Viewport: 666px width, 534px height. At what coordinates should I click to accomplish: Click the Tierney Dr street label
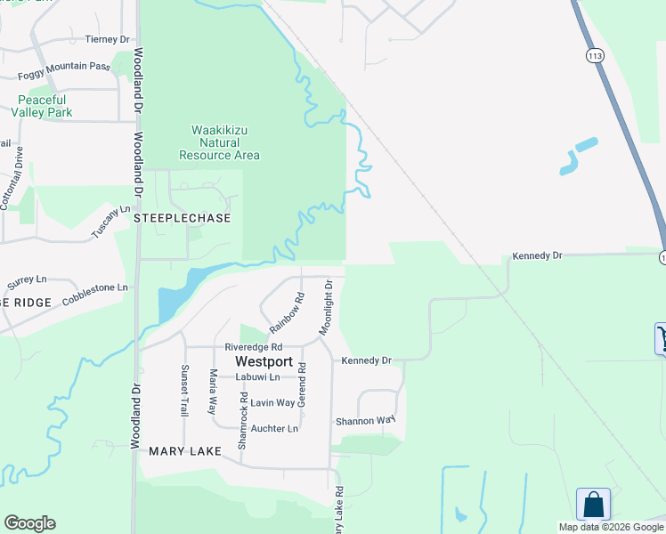pos(107,39)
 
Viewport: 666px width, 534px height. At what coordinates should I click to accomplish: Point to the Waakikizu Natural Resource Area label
pos(219,142)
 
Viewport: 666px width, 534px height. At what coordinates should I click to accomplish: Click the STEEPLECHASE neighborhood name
pos(182,218)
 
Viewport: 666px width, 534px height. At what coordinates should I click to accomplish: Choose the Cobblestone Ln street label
pos(95,294)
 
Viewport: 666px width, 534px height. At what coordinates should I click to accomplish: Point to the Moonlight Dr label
pos(327,308)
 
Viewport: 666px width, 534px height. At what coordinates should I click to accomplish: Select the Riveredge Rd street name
pos(253,347)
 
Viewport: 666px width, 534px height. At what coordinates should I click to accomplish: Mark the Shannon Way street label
pos(364,421)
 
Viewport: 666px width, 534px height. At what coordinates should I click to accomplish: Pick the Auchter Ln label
pos(274,428)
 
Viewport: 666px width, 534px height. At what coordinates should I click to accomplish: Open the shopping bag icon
pos(593,505)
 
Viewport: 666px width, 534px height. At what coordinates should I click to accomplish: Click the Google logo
pos(29,523)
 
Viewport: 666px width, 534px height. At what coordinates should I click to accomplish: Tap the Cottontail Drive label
pos(18,178)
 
